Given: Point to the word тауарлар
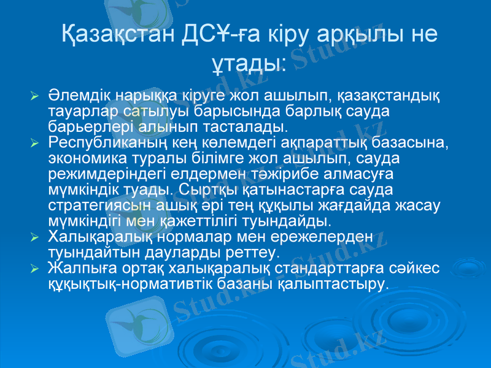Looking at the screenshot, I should [x=80, y=112].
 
